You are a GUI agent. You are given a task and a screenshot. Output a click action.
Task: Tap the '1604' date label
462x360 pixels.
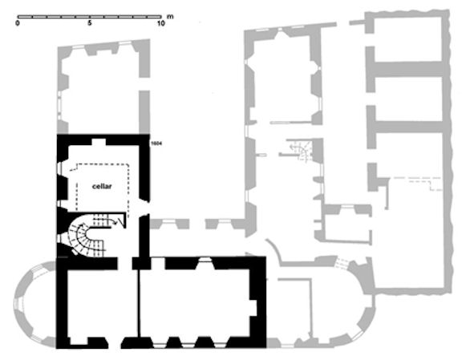click(158, 143)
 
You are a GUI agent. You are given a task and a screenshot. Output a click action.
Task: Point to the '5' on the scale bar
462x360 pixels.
click(91, 24)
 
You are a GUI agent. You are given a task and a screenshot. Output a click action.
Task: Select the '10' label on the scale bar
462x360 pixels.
click(161, 24)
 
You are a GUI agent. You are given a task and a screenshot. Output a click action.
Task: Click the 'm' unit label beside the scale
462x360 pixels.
click(170, 14)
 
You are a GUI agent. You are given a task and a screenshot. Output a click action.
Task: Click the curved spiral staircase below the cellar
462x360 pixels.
click(84, 237)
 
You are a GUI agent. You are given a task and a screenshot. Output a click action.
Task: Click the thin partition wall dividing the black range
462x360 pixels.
click(140, 305)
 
